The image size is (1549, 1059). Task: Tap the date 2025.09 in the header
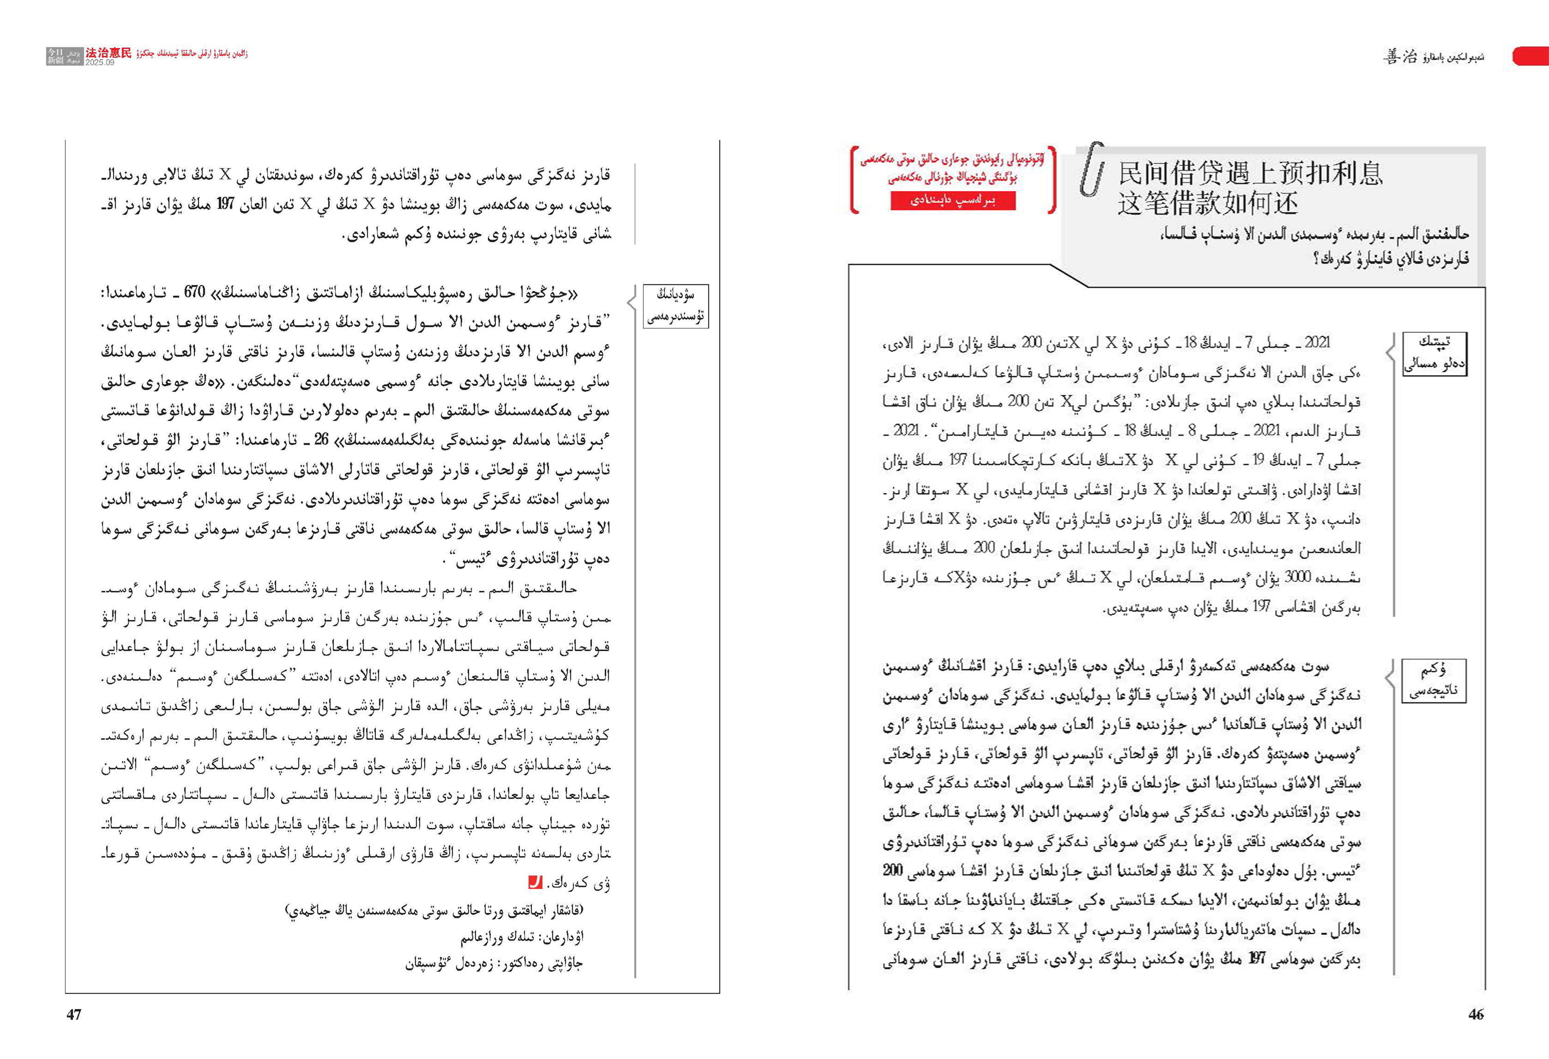[x=100, y=63]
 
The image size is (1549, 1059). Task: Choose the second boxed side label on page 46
[x=1434, y=680]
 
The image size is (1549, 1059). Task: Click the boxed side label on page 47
[x=675, y=306]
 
